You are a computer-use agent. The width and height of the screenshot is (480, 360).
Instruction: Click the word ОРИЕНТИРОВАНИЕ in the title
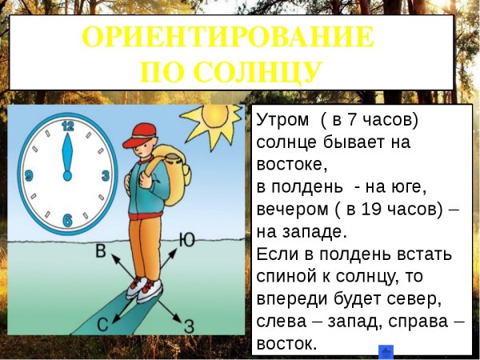point(228,38)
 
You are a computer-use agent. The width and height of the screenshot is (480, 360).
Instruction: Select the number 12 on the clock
point(67,126)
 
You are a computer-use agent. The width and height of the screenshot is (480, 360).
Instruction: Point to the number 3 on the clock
point(105,174)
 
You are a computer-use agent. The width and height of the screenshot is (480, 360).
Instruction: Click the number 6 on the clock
point(67,220)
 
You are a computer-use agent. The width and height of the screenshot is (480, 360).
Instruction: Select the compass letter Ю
point(186,238)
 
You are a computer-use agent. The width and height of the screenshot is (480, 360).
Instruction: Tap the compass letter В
point(101,252)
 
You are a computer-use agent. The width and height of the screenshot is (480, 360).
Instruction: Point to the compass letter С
point(103,324)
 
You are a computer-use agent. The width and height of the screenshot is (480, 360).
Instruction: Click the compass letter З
point(190,326)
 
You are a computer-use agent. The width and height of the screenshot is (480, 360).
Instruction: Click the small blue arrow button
point(385,352)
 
